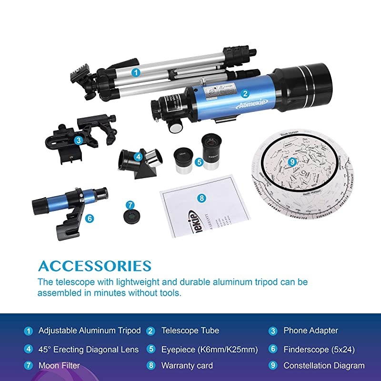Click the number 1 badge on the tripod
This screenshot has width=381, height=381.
tap(136, 73)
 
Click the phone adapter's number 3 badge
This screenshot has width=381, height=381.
tap(78, 140)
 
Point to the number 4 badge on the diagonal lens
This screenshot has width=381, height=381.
tap(138, 156)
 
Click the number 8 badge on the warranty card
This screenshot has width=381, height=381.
tap(201, 198)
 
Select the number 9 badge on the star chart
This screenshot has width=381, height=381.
tap(292, 161)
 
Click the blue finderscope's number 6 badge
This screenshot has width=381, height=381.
tap(90, 219)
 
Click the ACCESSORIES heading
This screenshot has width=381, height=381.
tap(94, 266)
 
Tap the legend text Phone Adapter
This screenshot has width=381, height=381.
tap(311, 330)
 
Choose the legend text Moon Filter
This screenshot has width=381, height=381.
tap(59, 366)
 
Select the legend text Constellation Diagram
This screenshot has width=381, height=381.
tap(324, 366)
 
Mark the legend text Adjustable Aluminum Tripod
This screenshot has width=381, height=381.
tap(90, 330)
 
